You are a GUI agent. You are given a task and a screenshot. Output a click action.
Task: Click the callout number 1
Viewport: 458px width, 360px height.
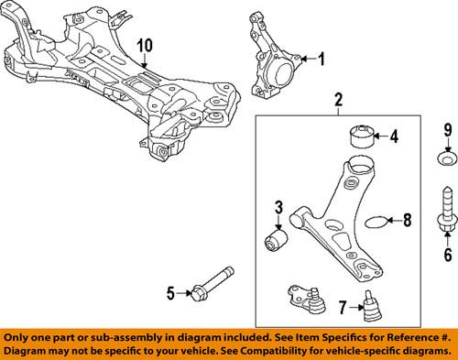pos(322,60)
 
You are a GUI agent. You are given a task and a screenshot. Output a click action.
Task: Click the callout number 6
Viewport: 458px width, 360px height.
pos(448,254)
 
